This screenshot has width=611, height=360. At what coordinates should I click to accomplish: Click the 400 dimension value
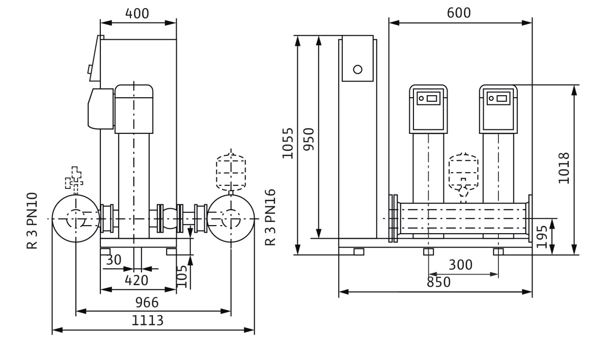pyautogui.click(x=138, y=14)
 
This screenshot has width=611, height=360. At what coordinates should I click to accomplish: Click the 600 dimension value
pyautogui.click(x=459, y=13)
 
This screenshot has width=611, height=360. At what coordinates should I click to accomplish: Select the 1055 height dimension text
pyautogui.click(x=288, y=143)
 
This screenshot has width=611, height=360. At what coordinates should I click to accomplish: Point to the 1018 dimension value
pyautogui.click(x=564, y=168)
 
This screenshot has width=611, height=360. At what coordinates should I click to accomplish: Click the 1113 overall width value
pyautogui.click(x=148, y=321)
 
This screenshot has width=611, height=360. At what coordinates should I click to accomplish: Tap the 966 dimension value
pyautogui.click(x=147, y=302)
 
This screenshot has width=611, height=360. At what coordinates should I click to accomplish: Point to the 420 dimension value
pyautogui.click(x=136, y=281)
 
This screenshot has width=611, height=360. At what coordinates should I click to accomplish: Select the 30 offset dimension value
pyautogui.click(x=114, y=260)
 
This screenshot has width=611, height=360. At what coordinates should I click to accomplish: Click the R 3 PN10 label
pyautogui.click(x=33, y=220)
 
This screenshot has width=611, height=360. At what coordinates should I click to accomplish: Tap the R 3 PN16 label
pyautogui.click(x=270, y=217)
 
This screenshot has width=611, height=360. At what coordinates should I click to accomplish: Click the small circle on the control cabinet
pyautogui.click(x=357, y=69)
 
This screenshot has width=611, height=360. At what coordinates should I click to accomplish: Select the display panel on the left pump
pyautogui.click(x=428, y=98)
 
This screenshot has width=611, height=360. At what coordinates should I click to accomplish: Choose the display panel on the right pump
pyautogui.click(x=498, y=98)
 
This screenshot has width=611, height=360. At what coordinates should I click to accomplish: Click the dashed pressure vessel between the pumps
pyautogui.click(x=463, y=171)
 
